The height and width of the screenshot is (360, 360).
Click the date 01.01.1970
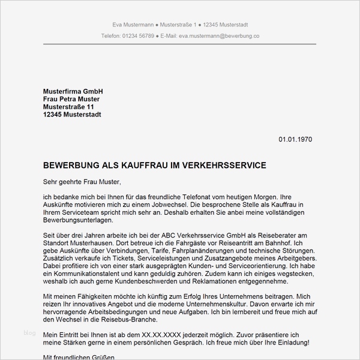click(x=295, y=140)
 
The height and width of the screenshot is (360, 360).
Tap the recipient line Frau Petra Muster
click(x=71, y=99)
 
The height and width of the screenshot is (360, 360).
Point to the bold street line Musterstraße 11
click(x=69, y=107)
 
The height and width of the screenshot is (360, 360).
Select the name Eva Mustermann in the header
click(x=133, y=25)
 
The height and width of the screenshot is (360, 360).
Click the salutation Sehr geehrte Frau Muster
click(x=82, y=182)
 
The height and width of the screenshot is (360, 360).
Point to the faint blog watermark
click(x=29, y=332)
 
